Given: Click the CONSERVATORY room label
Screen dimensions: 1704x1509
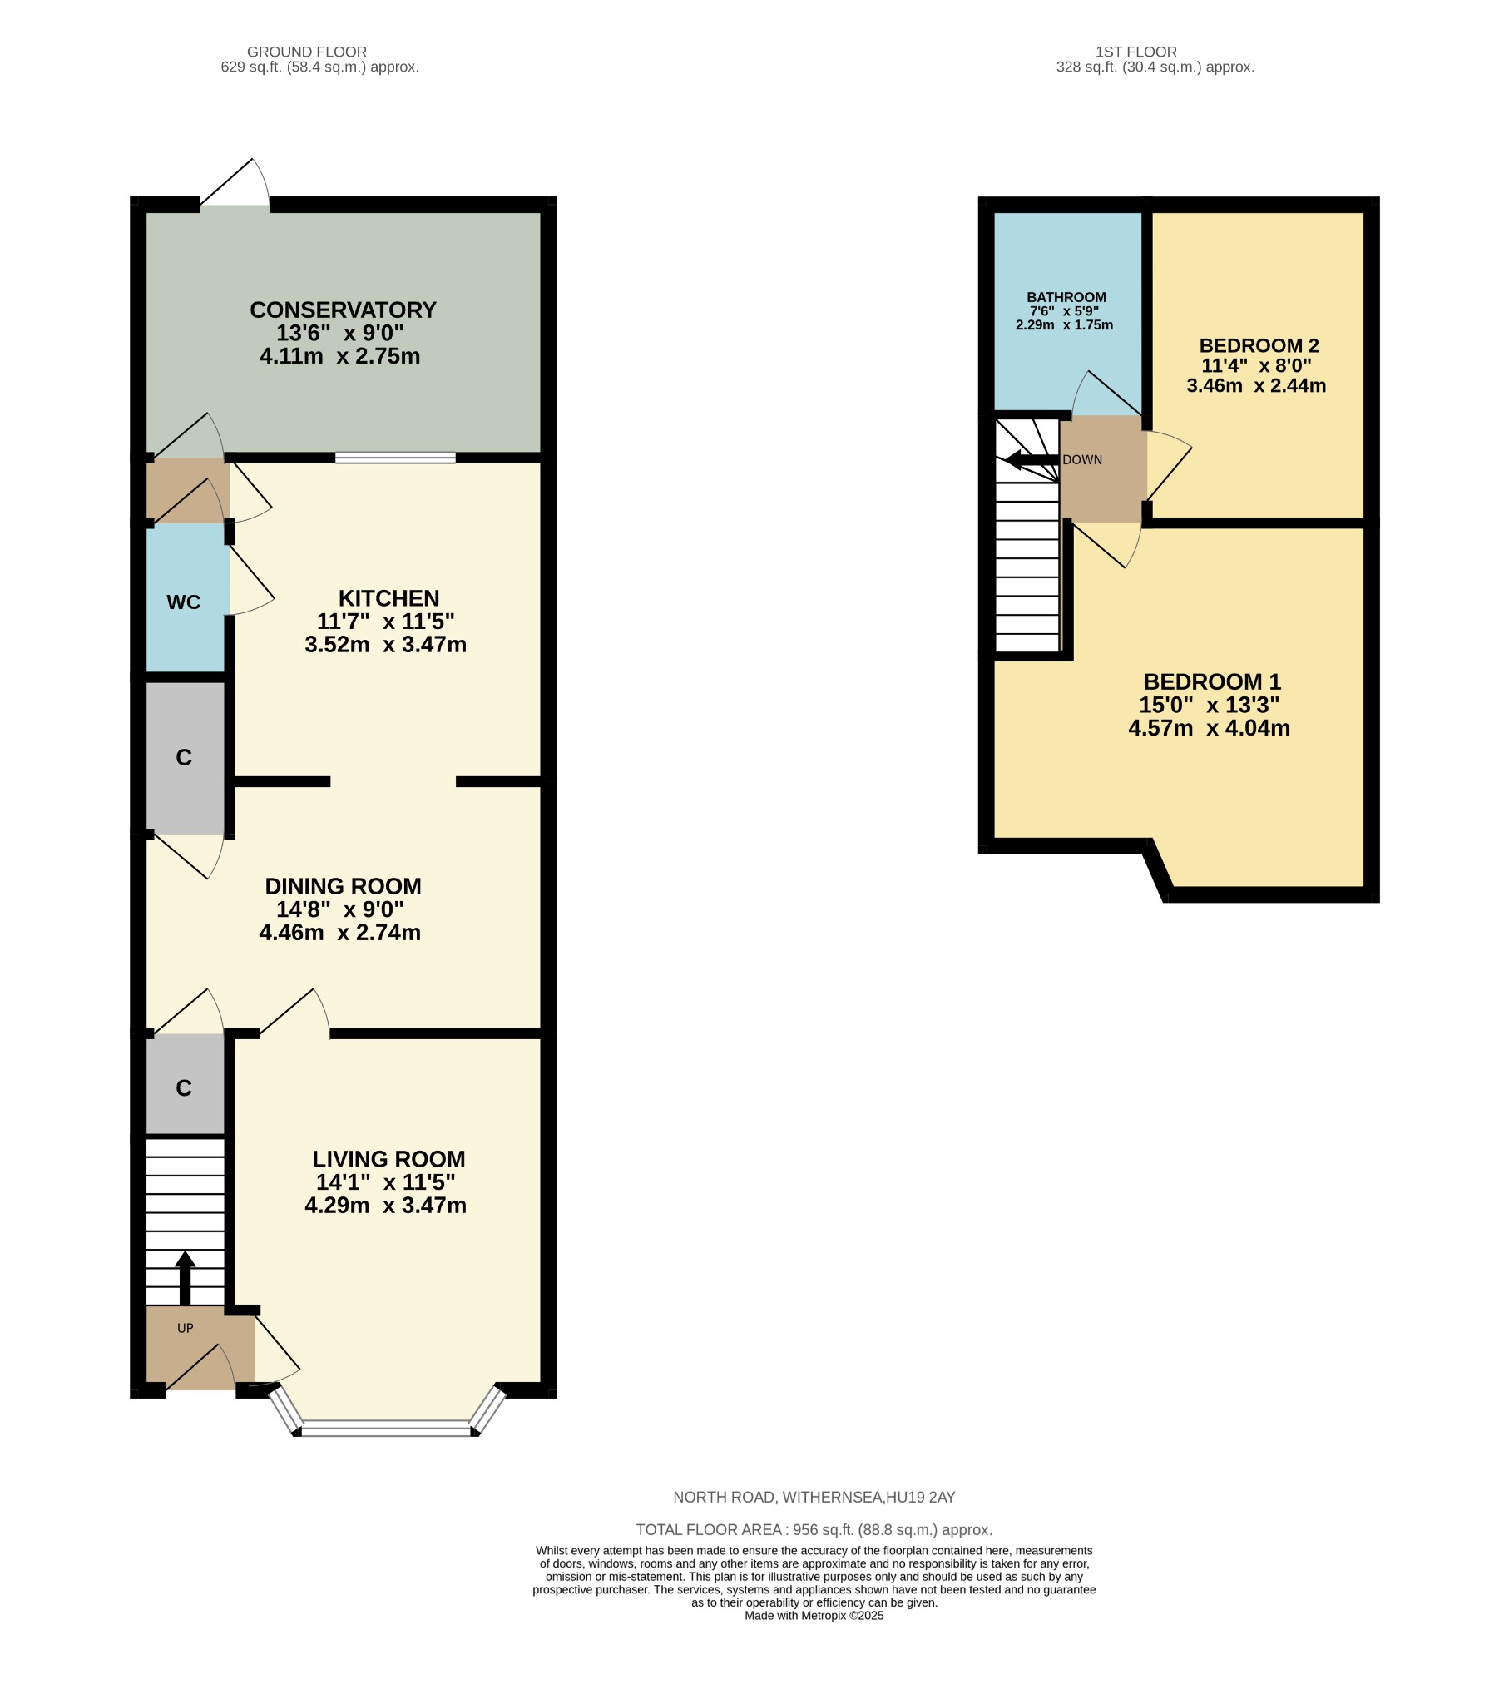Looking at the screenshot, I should coord(343,310).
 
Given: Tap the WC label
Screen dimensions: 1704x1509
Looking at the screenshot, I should coord(183,602).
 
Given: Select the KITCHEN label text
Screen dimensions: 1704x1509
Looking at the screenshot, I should coord(388,598).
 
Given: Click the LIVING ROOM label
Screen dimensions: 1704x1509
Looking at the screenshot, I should coord(388,1160).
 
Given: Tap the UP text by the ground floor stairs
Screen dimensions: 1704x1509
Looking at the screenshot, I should coord(185,1329).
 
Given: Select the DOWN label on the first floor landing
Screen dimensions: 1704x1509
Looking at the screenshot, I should coord(1082,460).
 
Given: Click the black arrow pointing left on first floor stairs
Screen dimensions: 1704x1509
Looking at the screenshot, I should coord(1031,460).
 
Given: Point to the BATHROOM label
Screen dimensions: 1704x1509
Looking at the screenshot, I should coord(1066,298).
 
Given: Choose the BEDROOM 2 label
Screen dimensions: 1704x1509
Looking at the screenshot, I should coord(1259,345).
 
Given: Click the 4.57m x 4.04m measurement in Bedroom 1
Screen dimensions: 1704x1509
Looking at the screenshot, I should coord(1209,729).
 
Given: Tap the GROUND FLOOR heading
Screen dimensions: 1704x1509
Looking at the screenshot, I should coord(307,52).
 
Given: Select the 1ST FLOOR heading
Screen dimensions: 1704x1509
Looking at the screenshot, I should coord(1136,52).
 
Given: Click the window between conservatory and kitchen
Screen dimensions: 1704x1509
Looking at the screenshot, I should coord(395,458).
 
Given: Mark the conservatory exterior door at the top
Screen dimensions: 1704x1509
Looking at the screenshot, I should coord(235,187).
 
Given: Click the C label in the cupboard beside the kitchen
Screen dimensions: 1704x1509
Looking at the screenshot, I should coord(183,758).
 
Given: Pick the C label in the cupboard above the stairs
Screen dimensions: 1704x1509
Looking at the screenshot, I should coord(183,1089).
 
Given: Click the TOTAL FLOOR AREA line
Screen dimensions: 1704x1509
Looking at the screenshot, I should coord(814,1531).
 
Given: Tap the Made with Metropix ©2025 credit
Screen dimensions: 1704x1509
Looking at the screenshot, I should coord(814,1616).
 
